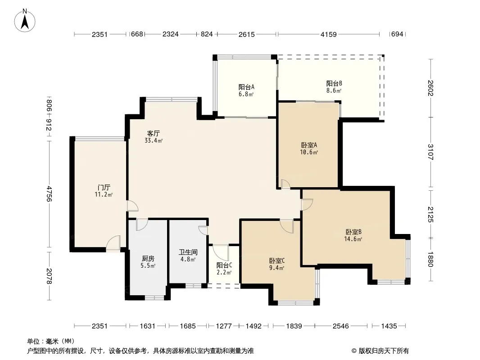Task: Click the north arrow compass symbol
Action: point(25,20)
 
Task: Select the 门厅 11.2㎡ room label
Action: point(104,191)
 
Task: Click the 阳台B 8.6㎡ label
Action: point(334,87)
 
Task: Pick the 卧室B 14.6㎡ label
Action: point(353,235)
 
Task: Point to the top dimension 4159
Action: point(328,34)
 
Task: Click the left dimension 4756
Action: point(49,193)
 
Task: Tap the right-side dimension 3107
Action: point(430,152)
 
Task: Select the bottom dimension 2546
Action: point(341,326)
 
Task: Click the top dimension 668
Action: point(137,34)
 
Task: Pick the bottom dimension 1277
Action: point(224,326)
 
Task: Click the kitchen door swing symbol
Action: point(142,225)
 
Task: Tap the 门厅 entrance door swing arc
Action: point(113,244)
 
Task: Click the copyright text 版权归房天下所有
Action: point(383,351)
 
